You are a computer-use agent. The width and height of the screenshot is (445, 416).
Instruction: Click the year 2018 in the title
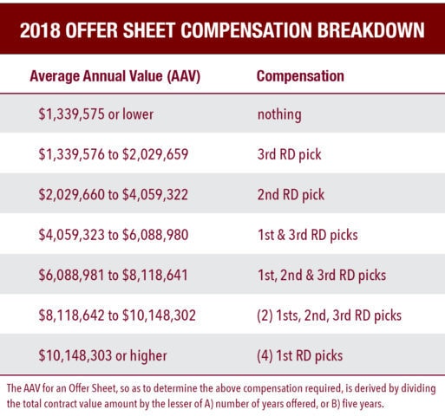coord(40,30)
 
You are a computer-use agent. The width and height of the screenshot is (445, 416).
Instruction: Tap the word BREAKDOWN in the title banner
coord(371,30)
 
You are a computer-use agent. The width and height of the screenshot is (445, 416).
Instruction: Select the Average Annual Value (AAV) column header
coord(115,76)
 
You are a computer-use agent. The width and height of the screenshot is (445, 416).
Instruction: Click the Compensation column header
coord(300,76)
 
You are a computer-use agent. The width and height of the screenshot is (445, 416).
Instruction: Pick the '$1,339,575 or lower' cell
coord(96,114)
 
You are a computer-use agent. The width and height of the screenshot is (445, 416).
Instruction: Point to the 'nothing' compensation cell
coord(279,114)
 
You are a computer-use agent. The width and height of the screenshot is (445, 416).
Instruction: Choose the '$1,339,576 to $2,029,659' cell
coord(114,154)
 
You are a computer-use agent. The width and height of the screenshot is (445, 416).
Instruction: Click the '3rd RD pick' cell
coord(289,154)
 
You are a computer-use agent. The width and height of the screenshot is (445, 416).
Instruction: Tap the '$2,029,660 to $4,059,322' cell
coord(114,194)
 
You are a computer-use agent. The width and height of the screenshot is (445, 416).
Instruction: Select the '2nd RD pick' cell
coord(291,195)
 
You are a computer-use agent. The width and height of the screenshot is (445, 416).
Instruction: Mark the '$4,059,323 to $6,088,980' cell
coord(114,235)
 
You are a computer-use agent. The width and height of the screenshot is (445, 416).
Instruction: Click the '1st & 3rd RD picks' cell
coord(308,235)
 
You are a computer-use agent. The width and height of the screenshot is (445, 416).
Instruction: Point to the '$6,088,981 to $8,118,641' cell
coord(113,275)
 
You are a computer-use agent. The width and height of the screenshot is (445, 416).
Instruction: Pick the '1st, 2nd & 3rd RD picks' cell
coord(322,276)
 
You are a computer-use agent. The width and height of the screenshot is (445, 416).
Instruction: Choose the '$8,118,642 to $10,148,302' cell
coord(117,315)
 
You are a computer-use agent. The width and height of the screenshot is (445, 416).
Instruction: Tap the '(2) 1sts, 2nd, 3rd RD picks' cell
coord(329,315)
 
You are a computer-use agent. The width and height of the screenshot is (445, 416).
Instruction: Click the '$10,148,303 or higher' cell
coord(102,355)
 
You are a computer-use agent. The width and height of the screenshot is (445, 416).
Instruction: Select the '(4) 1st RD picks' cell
coord(299,356)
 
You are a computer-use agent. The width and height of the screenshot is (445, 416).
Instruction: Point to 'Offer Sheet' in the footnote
coord(92,388)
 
